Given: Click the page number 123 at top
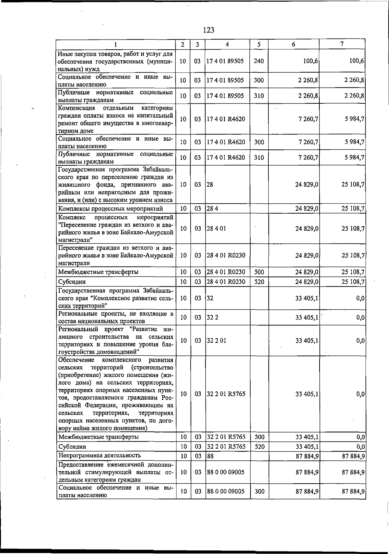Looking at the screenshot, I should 209,30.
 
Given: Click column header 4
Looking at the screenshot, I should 227,45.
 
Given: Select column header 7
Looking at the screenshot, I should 342,44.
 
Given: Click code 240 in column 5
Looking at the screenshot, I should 259,61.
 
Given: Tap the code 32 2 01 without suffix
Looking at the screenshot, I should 216,341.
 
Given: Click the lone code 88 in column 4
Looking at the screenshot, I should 210,456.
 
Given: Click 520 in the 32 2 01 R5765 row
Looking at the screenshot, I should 259,447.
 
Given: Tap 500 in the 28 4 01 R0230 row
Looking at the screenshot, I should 259,272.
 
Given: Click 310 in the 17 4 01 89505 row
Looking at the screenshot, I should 259,96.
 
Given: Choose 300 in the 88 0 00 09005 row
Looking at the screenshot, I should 259,491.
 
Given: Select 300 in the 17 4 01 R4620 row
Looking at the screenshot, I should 259,142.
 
